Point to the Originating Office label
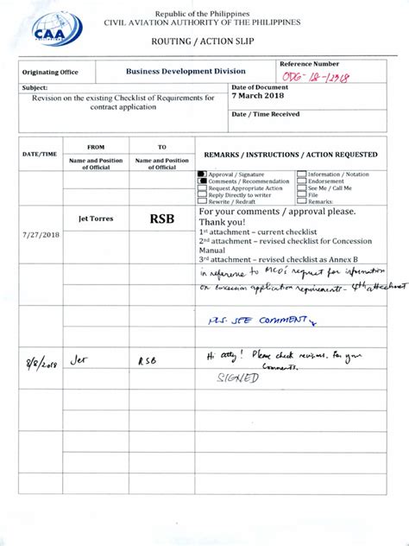click(x=52, y=73)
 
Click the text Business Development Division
click(x=186, y=72)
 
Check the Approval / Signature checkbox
click(x=202, y=174)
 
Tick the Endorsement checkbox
click(x=301, y=181)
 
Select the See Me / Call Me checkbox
click(x=301, y=188)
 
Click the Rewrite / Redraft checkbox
click(x=202, y=202)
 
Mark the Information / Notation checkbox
click(x=301, y=174)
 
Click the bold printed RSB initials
click(x=162, y=219)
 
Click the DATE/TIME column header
click(x=40, y=154)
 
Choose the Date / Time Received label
click(x=267, y=114)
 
